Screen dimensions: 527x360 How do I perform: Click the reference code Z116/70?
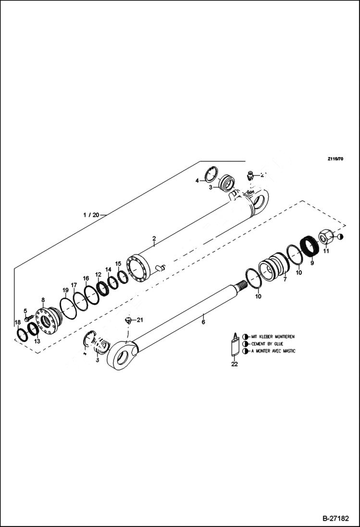point(335,159)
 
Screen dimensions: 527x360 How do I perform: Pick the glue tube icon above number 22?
point(235,344)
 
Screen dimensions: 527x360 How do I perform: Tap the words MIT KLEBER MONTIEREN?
point(273,337)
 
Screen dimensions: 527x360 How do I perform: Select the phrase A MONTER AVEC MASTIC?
point(273,351)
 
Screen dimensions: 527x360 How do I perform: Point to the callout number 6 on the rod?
point(203,322)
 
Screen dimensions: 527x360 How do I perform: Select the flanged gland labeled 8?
point(47,319)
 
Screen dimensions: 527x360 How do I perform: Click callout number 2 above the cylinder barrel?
point(154,238)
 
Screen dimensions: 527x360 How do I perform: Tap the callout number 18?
point(17,322)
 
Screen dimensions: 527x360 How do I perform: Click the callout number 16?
point(86,279)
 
